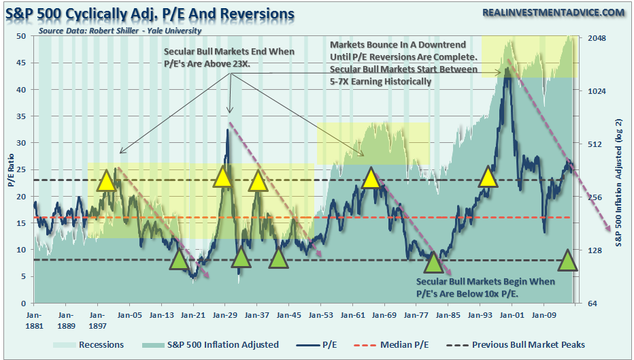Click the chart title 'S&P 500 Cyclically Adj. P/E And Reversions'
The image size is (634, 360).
click(x=150, y=14)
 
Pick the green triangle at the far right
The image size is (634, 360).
click(x=569, y=260)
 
